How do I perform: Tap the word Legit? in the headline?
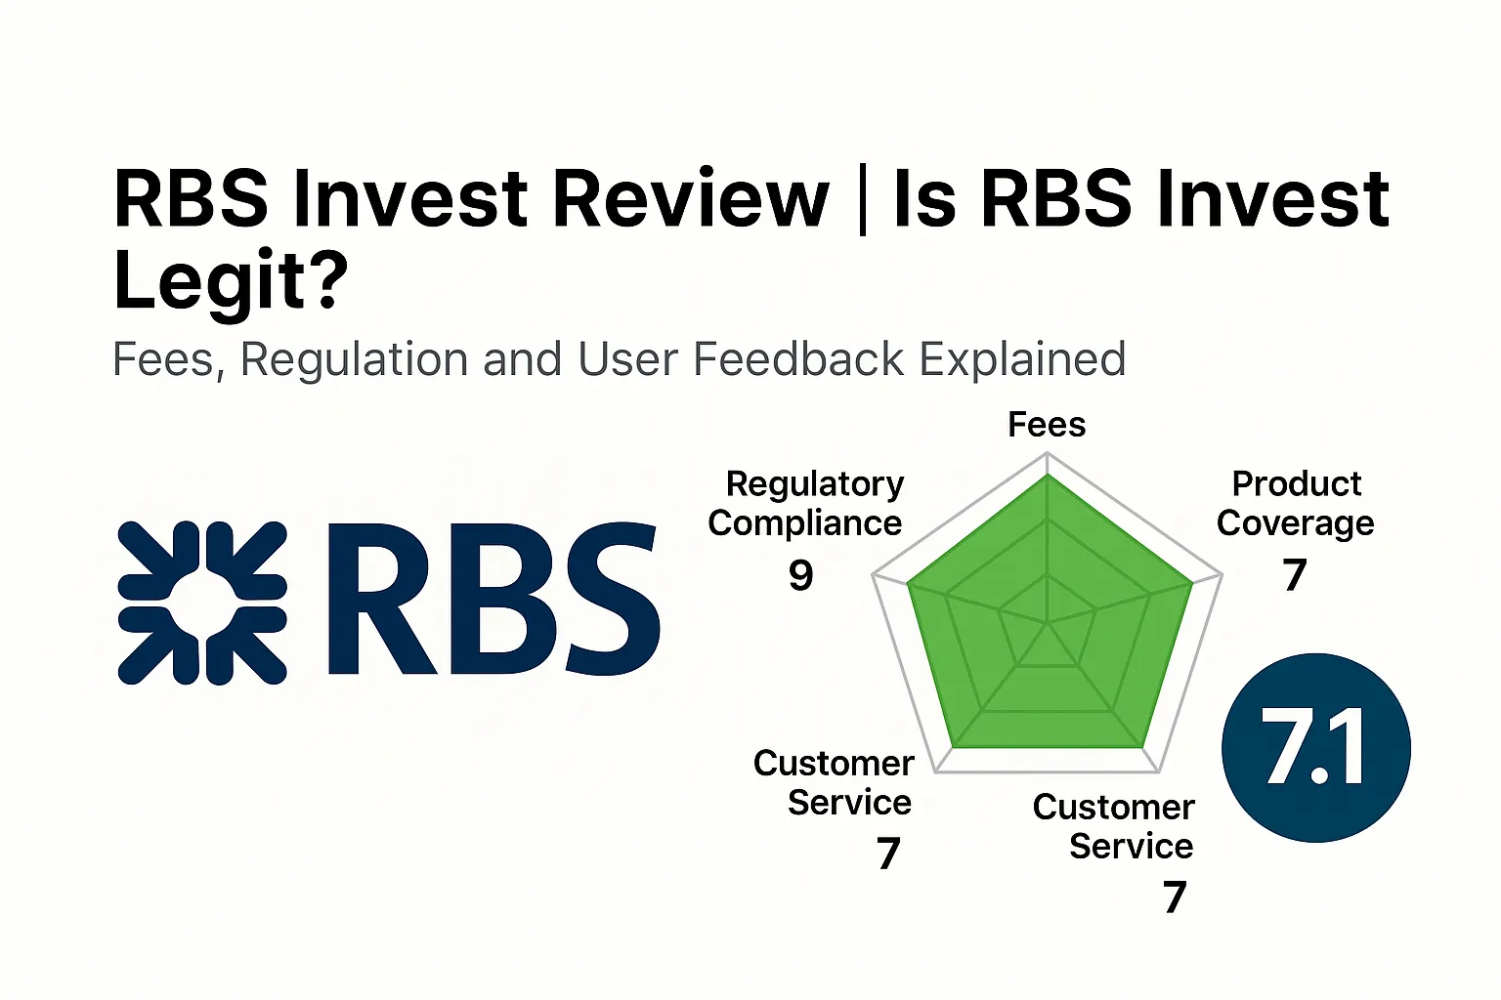point(231,281)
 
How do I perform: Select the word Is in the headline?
point(923,199)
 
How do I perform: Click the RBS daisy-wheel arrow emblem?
point(202,603)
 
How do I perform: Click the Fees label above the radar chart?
point(1047,425)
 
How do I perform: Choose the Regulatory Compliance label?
point(806,504)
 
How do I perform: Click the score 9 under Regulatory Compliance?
point(800,575)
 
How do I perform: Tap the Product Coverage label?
point(1296,504)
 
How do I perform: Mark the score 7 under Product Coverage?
point(1295,575)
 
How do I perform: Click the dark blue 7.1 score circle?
point(1315,748)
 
